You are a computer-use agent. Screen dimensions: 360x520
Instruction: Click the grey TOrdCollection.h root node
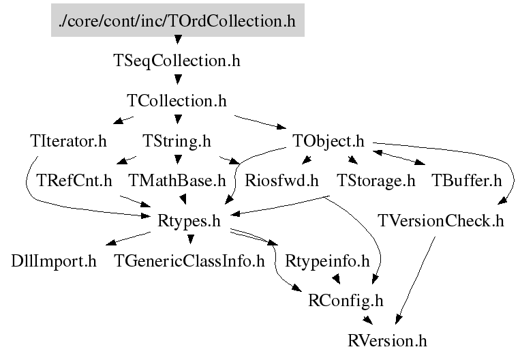(x=177, y=20)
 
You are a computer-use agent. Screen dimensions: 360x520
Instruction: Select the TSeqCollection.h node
(x=177, y=60)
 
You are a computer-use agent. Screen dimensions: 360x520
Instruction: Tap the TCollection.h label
(x=177, y=100)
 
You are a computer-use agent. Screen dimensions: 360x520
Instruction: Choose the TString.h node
(x=177, y=141)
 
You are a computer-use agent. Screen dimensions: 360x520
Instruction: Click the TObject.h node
(x=329, y=141)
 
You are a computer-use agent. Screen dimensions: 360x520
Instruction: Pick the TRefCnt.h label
(x=74, y=181)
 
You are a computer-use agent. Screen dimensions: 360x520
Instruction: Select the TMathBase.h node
(x=177, y=181)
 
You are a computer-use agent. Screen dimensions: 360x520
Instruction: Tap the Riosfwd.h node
(x=281, y=181)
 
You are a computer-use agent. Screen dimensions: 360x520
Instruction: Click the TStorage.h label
(x=376, y=181)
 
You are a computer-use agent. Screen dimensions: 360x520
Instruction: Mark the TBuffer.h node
(x=466, y=181)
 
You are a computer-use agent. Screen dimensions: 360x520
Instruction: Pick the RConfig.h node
(x=346, y=300)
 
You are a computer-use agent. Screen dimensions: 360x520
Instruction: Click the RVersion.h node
(x=387, y=339)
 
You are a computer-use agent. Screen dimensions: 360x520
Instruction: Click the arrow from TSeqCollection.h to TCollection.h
(x=177, y=80)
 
